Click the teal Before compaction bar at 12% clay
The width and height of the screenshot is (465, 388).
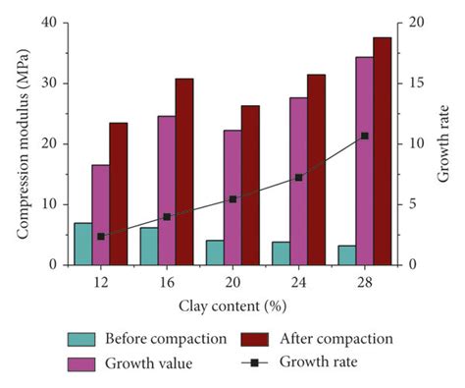click(x=83, y=244)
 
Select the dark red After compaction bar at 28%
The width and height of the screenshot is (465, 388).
click(x=382, y=151)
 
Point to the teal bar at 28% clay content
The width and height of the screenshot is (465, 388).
click(x=346, y=255)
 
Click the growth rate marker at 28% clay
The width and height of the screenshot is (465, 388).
click(x=364, y=136)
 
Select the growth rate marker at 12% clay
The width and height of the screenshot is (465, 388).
click(x=101, y=237)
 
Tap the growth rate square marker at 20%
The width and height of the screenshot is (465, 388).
click(x=232, y=198)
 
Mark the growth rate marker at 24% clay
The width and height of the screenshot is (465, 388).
click(x=298, y=178)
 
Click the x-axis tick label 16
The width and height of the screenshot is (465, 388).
click(x=166, y=281)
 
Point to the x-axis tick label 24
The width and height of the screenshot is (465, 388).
click(x=298, y=281)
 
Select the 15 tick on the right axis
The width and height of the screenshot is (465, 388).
click(x=413, y=83)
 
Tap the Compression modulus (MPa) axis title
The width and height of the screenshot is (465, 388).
click(x=22, y=143)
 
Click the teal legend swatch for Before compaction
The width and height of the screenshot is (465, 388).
click(x=82, y=339)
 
